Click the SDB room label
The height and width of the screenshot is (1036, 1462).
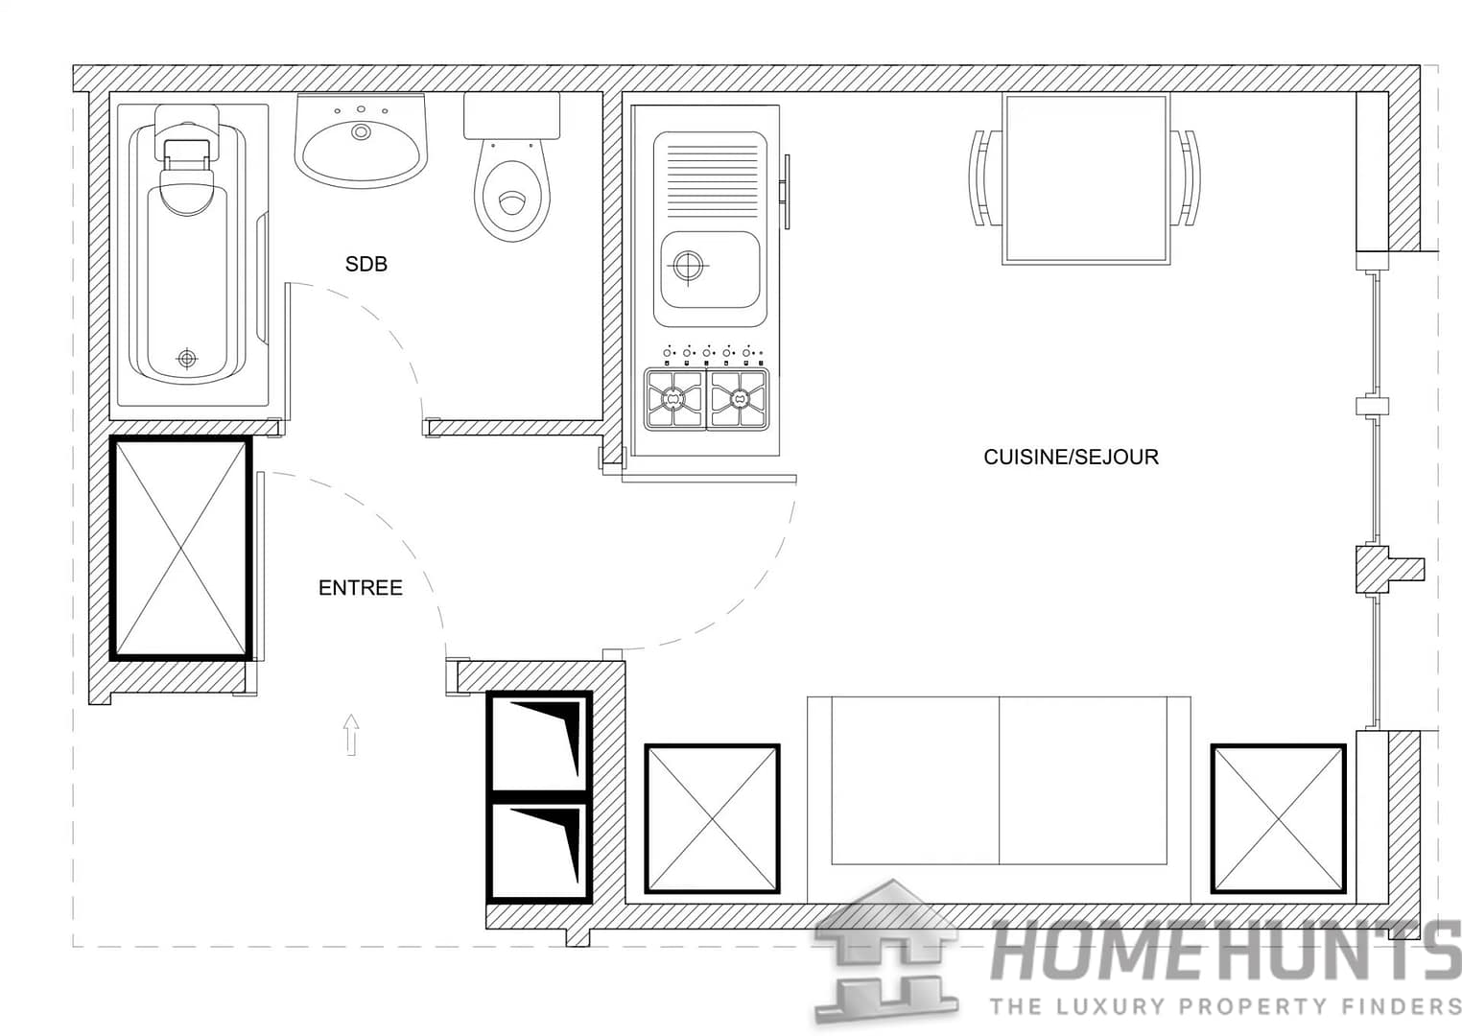coord(366,264)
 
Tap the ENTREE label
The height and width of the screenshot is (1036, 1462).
coord(361,588)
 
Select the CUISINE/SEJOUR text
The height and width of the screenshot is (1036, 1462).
coord(1071,457)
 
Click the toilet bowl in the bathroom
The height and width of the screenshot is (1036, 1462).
coord(513,197)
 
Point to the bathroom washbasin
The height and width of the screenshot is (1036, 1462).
coord(361,144)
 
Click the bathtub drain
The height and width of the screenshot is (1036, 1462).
coord(187,359)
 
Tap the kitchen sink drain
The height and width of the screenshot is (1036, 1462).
coord(688,265)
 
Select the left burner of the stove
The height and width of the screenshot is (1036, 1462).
coord(675,398)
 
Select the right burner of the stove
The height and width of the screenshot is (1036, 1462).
coord(739,398)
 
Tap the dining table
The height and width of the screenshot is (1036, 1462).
coord(1085,179)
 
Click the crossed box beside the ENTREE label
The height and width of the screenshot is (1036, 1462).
coord(181,548)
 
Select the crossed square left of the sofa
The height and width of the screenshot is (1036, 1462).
coord(711,818)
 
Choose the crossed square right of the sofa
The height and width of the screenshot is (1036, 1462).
coord(1278,818)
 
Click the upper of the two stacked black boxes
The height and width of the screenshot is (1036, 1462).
coord(539,741)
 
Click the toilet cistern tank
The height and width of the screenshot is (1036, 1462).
coord(511,116)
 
